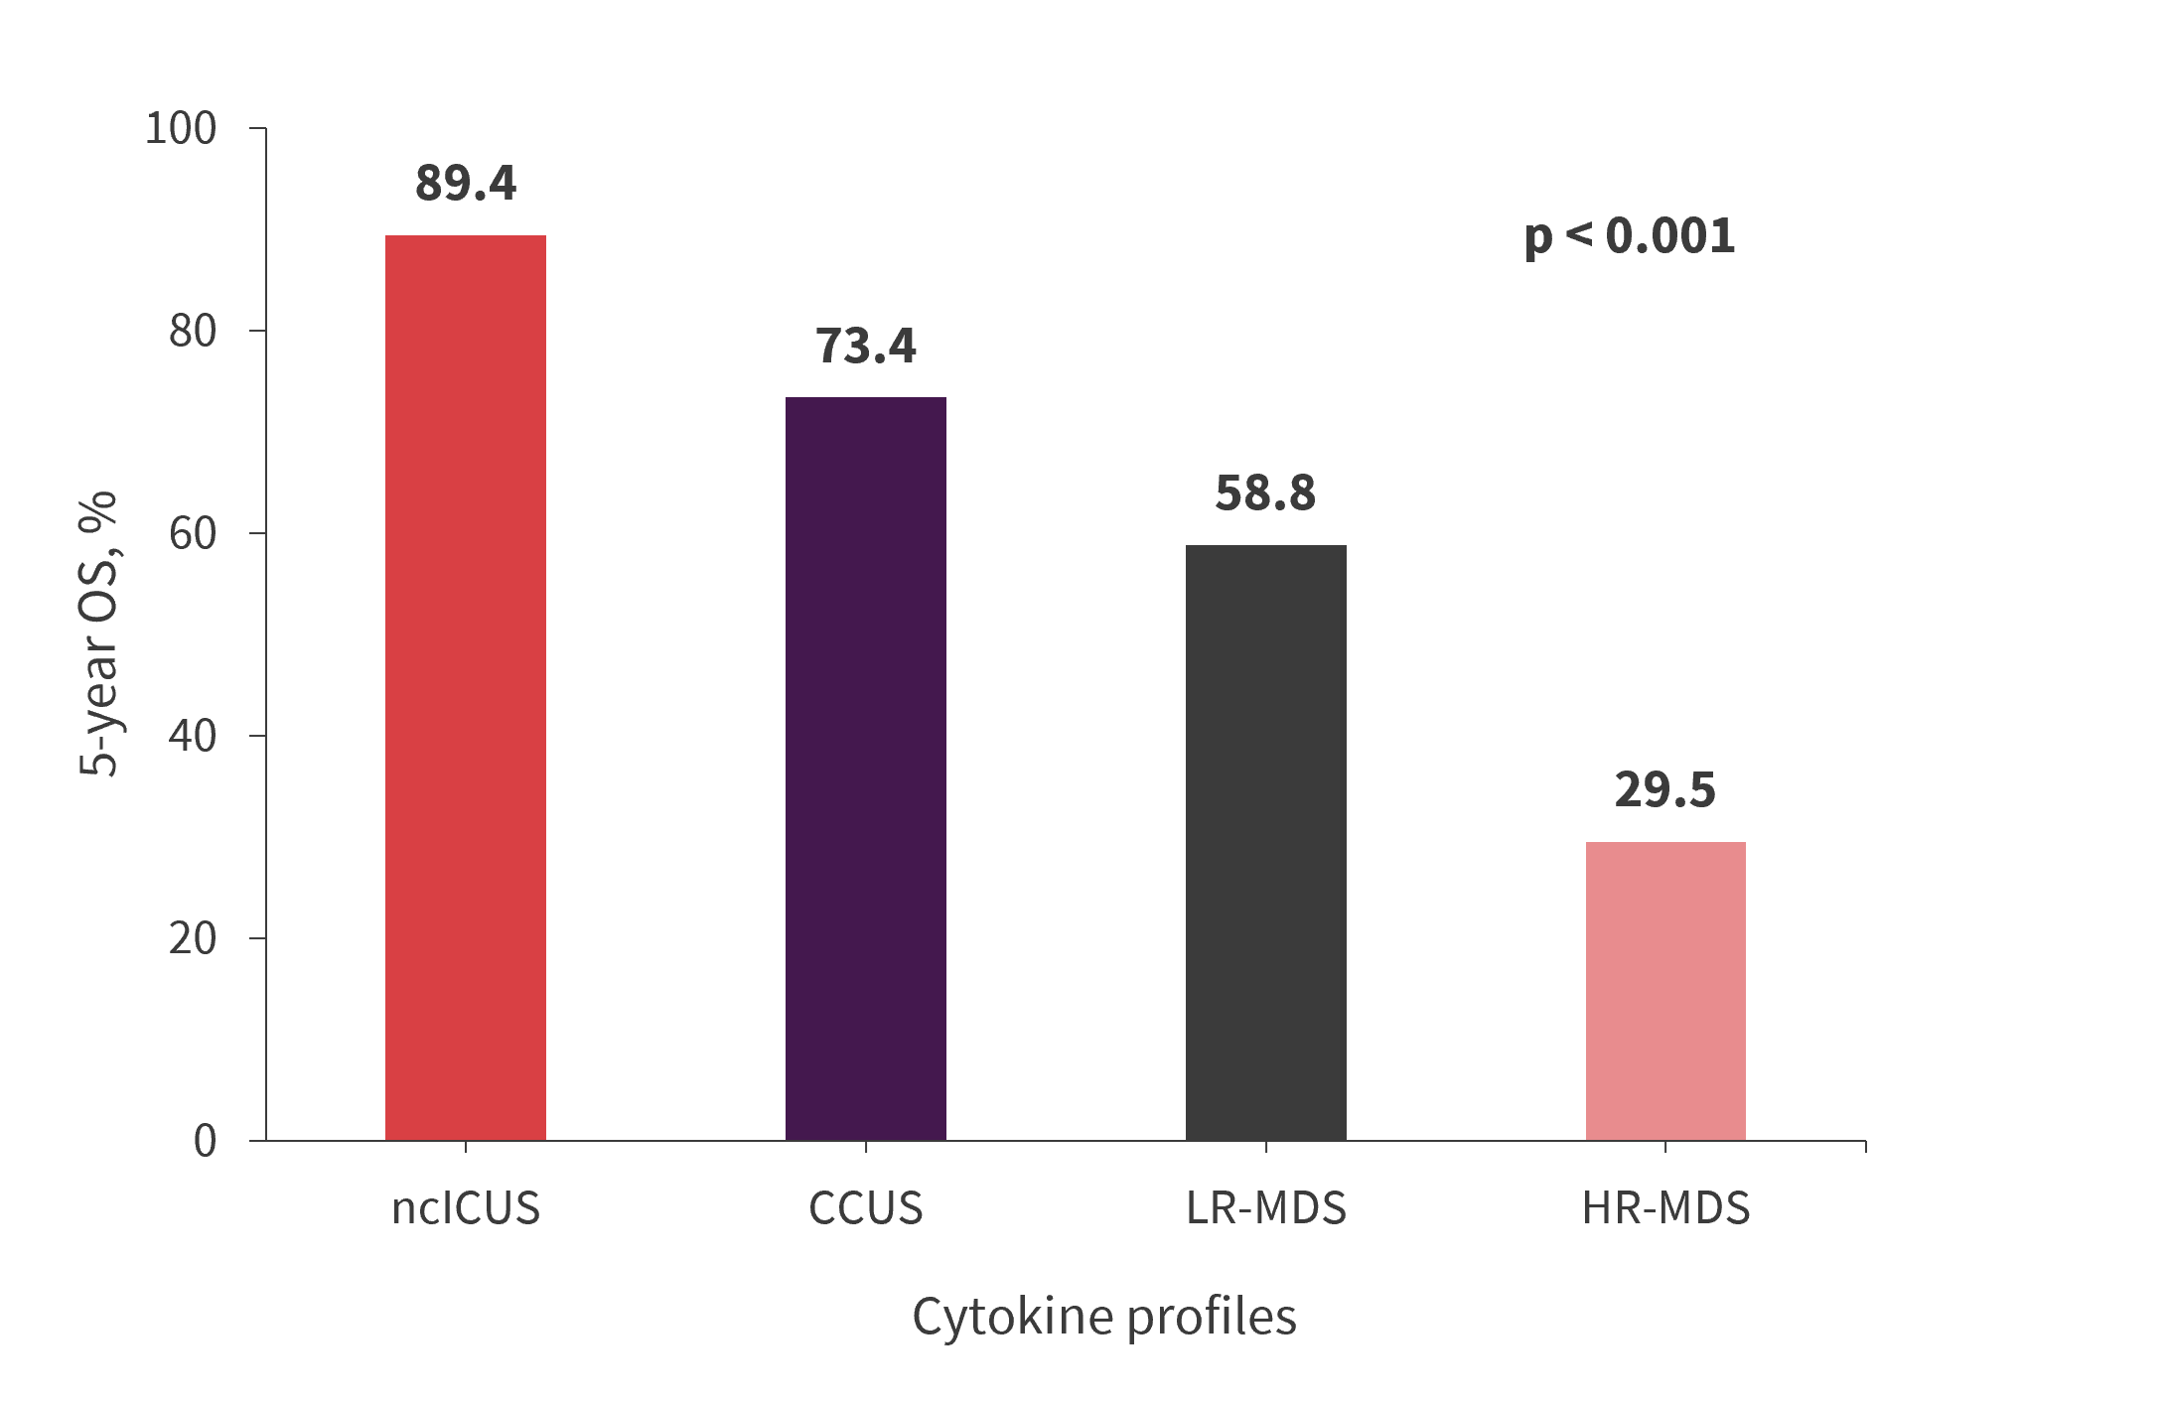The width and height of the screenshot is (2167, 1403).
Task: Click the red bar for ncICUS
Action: (x=465, y=687)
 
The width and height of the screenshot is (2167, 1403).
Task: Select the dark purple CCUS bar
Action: (x=865, y=769)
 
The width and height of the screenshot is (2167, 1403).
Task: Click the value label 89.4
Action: (x=466, y=184)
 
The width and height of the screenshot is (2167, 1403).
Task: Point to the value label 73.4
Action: (x=866, y=346)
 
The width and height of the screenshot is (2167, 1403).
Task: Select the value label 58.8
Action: (x=1265, y=493)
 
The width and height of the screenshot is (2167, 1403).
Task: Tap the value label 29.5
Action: (x=1665, y=790)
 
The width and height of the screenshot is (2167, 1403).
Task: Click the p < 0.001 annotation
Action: (x=1630, y=236)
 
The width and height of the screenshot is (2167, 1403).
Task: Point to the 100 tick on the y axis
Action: (x=181, y=129)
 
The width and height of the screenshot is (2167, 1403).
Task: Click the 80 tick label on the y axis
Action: (x=192, y=331)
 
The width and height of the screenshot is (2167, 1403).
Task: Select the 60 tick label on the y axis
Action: (x=192, y=533)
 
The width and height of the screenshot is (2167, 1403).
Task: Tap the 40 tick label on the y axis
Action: (x=192, y=736)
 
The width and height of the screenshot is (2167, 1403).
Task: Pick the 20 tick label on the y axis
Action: (x=192, y=938)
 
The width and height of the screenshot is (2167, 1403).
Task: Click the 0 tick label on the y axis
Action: (x=205, y=1141)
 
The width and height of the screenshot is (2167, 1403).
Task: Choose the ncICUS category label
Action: (x=466, y=1208)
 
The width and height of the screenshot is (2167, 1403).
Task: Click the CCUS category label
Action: (x=866, y=1208)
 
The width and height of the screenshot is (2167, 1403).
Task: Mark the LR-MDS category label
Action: (x=1266, y=1208)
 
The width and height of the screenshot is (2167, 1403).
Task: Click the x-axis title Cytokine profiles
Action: (x=1104, y=1318)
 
